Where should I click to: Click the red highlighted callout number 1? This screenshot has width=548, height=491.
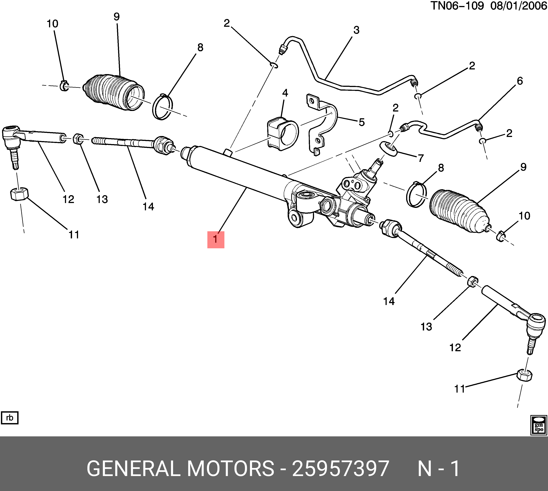[x=216, y=240]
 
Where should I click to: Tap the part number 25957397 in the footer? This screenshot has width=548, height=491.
[x=340, y=469]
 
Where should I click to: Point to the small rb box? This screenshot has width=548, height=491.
[x=10, y=418]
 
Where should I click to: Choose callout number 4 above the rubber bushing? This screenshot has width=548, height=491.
[x=285, y=93]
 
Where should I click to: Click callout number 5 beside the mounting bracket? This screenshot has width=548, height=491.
[x=362, y=122]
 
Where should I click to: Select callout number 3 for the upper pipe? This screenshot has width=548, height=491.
[x=356, y=30]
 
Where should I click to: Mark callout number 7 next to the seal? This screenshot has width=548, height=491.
[x=420, y=158]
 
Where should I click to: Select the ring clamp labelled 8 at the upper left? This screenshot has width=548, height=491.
[x=162, y=107]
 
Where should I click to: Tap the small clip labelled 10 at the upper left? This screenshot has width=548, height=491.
[x=64, y=86]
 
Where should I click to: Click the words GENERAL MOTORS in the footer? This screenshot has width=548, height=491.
[x=180, y=469]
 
